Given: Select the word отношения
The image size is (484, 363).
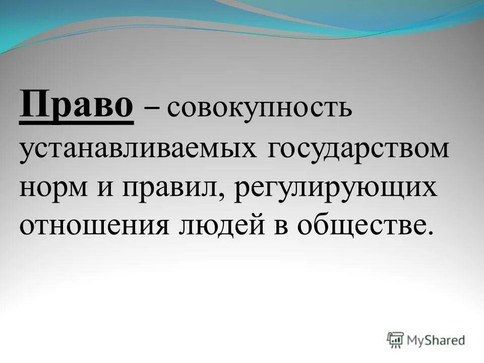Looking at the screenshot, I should [x=94, y=226].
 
